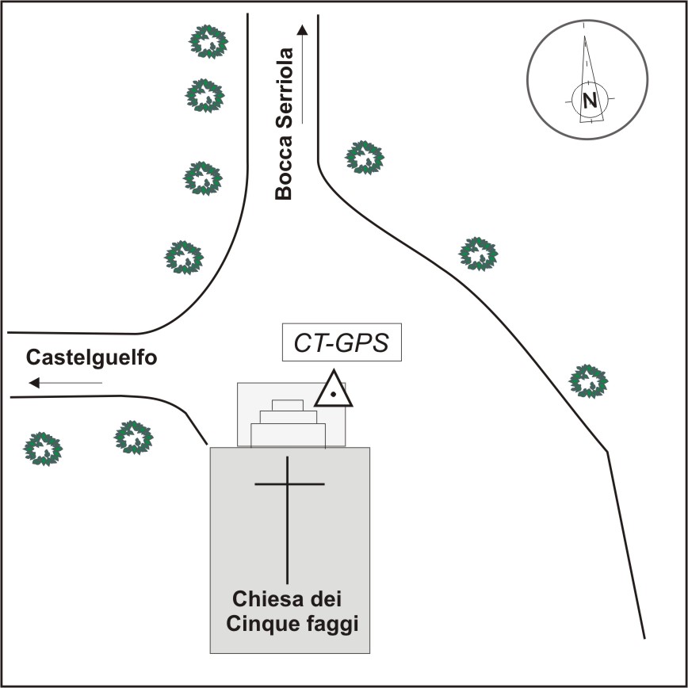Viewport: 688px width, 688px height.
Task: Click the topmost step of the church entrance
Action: coord(287,405)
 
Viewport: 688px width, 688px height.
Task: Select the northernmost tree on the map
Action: coord(209,41)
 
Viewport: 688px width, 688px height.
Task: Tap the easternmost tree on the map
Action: coord(589,380)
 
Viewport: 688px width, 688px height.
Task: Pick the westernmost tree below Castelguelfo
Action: coord(43,448)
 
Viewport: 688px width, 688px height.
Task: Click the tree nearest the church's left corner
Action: coord(133,436)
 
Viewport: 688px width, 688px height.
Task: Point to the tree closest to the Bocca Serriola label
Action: coord(365,157)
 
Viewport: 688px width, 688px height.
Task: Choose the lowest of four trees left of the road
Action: coord(184,257)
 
